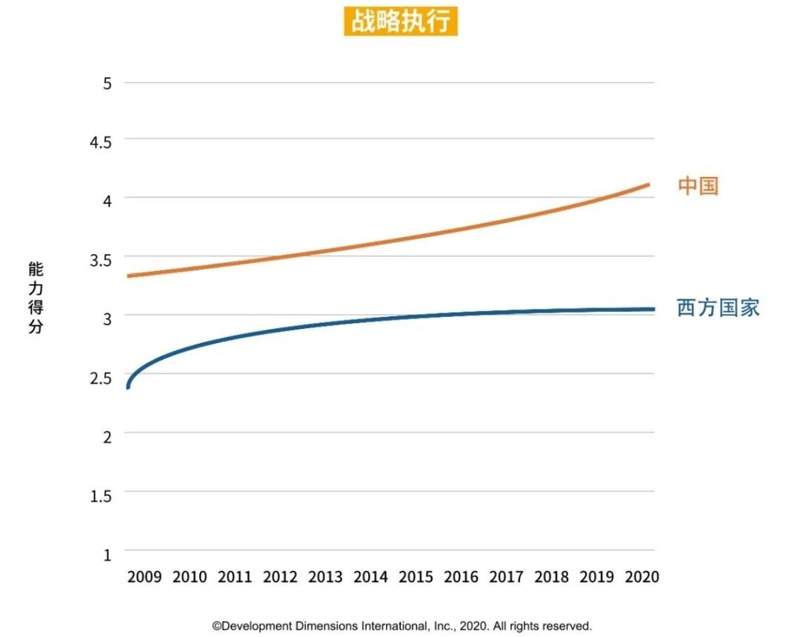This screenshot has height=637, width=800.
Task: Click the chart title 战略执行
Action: click(401, 21)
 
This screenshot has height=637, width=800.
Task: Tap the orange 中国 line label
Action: click(698, 185)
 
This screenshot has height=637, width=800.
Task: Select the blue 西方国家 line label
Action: click(718, 307)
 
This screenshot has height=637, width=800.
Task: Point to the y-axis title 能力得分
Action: click(36, 297)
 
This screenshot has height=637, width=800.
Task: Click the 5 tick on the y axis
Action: click(107, 83)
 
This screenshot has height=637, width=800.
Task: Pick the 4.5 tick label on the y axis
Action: click(101, 141)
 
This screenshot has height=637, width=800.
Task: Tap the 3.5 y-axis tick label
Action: click(101, 259)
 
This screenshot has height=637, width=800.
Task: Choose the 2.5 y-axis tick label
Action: click(101, 377)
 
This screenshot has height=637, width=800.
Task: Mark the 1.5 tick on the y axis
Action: click(101, 495)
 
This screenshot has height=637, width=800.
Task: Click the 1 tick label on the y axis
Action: click(107, 554)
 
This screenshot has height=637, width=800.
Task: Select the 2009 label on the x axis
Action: click(144, 576)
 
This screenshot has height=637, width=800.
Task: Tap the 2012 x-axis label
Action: click(280, 576)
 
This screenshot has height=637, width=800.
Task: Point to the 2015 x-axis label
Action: click(416, 576)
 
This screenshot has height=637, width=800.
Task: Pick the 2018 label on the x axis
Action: click(552, 576)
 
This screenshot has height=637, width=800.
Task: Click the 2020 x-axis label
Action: click(641, 576)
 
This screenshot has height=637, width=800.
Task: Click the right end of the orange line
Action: click(648, 184)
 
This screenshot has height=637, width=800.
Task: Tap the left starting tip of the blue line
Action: click(128, 387)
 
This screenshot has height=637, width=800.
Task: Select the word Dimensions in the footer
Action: click(327, 626)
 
